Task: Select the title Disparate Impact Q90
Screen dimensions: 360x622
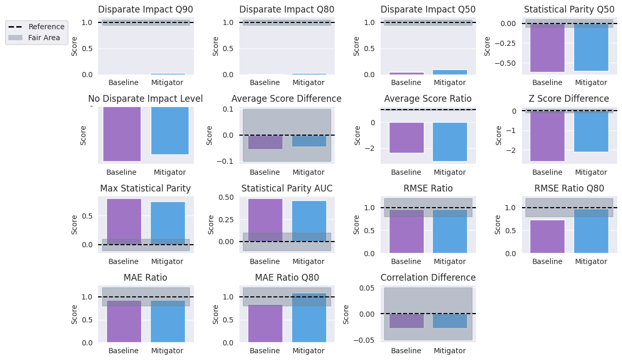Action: (145, 9)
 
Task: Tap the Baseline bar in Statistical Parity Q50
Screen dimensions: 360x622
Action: (547, 47)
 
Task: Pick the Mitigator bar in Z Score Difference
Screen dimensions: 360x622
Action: (591, 131)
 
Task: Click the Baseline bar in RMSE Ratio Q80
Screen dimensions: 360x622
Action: (547, 236)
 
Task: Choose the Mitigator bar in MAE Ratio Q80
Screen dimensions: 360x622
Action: (309, 318)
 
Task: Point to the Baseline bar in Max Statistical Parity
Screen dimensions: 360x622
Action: (124, 221)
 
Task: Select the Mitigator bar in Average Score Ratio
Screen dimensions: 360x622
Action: (450, 141)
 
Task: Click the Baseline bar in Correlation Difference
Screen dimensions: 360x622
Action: (406, 321)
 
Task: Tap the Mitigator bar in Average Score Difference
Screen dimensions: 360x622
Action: (309, 141)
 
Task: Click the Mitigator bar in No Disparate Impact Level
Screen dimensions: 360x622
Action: (169, 130)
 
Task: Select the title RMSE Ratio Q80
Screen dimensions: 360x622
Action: (569, 188)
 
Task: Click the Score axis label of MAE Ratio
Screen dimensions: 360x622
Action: (75, 314)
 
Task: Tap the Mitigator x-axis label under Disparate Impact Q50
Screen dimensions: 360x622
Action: (450, 82)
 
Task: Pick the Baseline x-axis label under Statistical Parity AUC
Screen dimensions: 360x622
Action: (265, 261)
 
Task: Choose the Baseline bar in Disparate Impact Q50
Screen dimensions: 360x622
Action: (406, 73)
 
